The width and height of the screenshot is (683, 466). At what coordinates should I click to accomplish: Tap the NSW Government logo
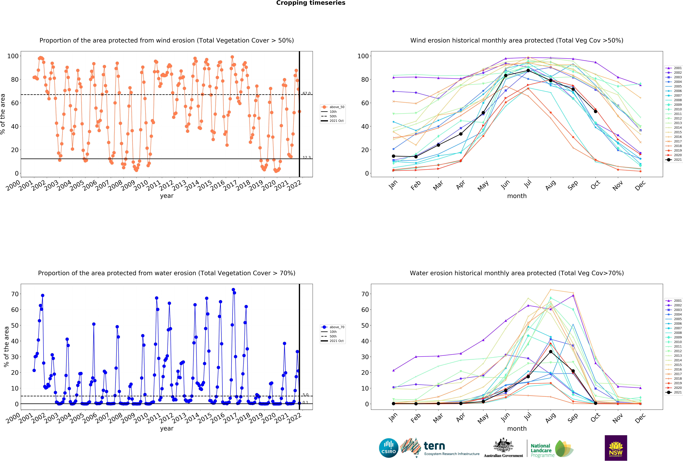[x=616, y=448]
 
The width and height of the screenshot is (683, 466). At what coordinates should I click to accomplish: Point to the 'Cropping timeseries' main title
[x=311, y=3]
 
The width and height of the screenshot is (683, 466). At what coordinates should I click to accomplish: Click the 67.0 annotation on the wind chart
[x=307, y=93]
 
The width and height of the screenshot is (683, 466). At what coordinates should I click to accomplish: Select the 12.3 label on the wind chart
[x=307, y=157]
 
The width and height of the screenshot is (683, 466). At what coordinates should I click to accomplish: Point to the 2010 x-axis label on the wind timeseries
[x=140, y=185]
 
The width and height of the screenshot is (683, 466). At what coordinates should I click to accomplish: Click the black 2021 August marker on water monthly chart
[x=550, y=352]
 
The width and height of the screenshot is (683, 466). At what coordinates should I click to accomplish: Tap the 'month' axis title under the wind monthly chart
[x=517, y=196]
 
